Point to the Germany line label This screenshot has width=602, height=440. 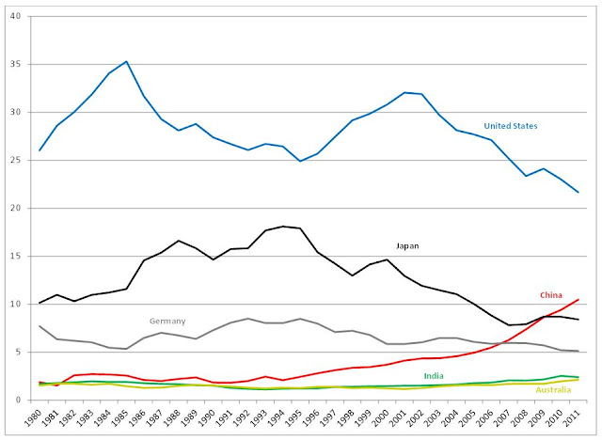click(168, 321)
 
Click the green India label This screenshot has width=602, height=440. click(435, 376)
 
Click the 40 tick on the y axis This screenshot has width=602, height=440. click(24, 16)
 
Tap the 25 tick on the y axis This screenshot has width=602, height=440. click(24, 160)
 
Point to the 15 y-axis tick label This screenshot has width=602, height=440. click(24, 256)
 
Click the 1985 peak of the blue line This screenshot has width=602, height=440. click(126, 61)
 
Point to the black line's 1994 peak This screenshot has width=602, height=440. click(283, 227)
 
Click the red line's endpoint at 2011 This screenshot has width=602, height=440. click(578, 299)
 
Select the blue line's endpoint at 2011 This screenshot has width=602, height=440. click(578, 192)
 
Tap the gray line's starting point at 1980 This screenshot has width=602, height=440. click(40, 325)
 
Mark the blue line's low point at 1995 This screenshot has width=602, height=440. click(300, 161)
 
